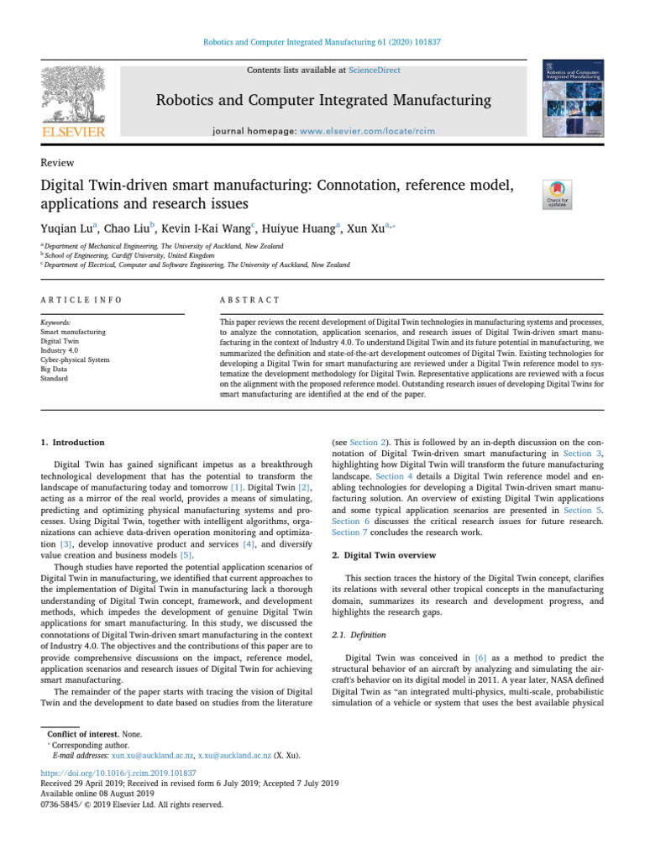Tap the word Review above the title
(57, 163)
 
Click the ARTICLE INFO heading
(81, 300)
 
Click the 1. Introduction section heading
(73, 442)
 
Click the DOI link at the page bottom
(118, 773)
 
